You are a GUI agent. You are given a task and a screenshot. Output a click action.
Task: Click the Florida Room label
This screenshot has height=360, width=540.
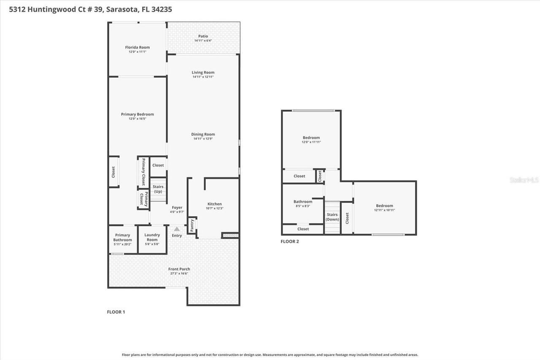(137, 47)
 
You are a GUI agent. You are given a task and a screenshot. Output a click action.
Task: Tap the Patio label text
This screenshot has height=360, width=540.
(203, 36)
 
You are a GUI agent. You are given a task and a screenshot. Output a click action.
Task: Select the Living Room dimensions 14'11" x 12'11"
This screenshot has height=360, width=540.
(203, 77)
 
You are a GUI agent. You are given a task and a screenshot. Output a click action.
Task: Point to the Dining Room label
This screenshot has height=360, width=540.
(203, 134)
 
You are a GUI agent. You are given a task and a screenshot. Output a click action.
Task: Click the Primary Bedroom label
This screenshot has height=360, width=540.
(137, 114)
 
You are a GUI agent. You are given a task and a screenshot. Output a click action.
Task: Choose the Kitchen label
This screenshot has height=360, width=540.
(214, 204)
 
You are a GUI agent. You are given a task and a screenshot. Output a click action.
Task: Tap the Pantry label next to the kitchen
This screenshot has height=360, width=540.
(192, 225)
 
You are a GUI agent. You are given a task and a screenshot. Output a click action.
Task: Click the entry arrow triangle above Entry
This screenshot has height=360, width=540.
(177, 229)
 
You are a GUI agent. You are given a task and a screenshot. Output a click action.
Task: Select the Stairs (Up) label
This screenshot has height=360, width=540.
(158, 189)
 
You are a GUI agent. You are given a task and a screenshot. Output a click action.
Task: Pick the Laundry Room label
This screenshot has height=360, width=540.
(152, 237)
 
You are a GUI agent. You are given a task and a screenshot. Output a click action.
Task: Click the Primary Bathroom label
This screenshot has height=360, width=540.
(122, 237)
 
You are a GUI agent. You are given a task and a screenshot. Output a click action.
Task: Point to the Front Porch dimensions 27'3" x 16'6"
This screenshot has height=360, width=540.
(179, 273)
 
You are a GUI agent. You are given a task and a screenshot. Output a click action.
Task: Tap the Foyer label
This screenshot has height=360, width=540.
(177, 207)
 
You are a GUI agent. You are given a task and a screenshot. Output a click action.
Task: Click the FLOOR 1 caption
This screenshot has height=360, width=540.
(116, 312)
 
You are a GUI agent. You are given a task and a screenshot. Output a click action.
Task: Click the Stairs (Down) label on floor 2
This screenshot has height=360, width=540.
(332, 217)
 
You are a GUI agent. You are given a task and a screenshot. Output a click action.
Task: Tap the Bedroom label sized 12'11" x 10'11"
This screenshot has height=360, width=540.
(384, 206)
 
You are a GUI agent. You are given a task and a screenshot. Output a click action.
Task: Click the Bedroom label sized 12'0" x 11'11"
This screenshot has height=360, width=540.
(311, 138)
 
